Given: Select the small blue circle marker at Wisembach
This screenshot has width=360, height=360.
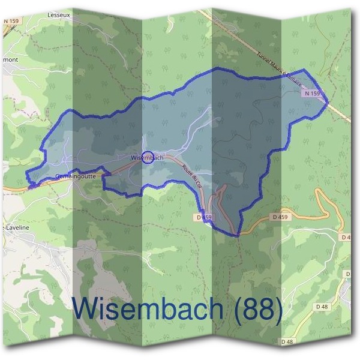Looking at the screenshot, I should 148,157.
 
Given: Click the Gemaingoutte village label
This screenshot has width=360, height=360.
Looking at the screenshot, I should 75,176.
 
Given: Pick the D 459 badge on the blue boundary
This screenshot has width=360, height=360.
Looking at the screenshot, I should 205,217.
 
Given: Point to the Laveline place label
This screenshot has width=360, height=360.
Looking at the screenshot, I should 14,228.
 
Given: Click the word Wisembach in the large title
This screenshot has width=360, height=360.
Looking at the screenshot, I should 148,310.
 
